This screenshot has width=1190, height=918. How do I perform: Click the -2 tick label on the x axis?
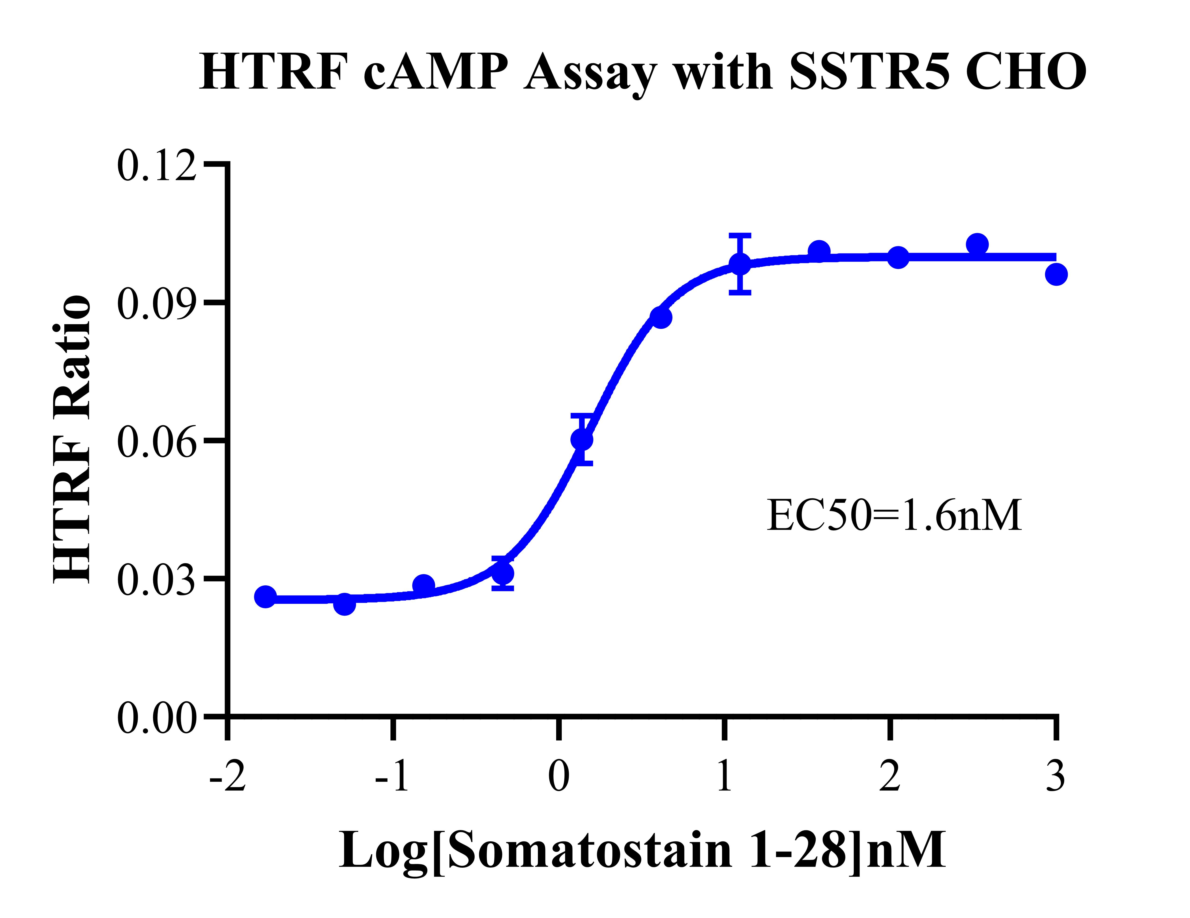(x=228, y=776)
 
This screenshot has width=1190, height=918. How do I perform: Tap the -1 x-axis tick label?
(x=392, y=776)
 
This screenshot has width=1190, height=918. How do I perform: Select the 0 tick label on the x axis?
(x=558, y=776)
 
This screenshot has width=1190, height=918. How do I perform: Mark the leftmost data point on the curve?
(x=265, y=597)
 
